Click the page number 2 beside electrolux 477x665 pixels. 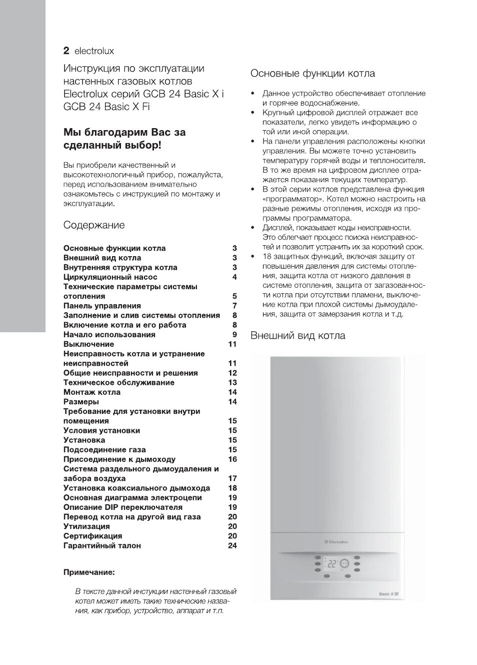point(66,51)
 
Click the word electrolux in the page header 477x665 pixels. point(94,51)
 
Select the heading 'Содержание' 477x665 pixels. point(94,225)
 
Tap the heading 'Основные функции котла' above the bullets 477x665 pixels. point(312,74)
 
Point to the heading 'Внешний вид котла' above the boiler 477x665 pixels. point(297,335)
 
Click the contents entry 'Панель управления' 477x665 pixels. point(102,306)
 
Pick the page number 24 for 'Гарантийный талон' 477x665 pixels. point(232,545)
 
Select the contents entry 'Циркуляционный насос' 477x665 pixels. point(110,277)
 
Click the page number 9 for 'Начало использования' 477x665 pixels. point(234,335)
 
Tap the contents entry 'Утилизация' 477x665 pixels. point(86,526)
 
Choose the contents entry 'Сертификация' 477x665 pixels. point(92,536)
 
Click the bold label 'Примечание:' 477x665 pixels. point(89,572)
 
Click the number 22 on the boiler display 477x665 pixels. point(331,563)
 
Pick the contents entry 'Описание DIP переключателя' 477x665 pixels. point(122,507)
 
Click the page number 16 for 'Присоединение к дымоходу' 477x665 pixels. point(232,459)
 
